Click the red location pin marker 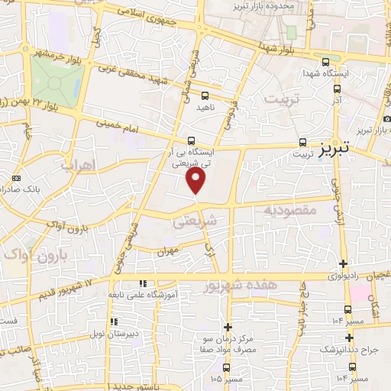(197, 180)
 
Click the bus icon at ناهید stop (205, 95)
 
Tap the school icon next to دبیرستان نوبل (114, 322)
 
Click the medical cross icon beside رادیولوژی (343, 263)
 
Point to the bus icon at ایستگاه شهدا (326, 63)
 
